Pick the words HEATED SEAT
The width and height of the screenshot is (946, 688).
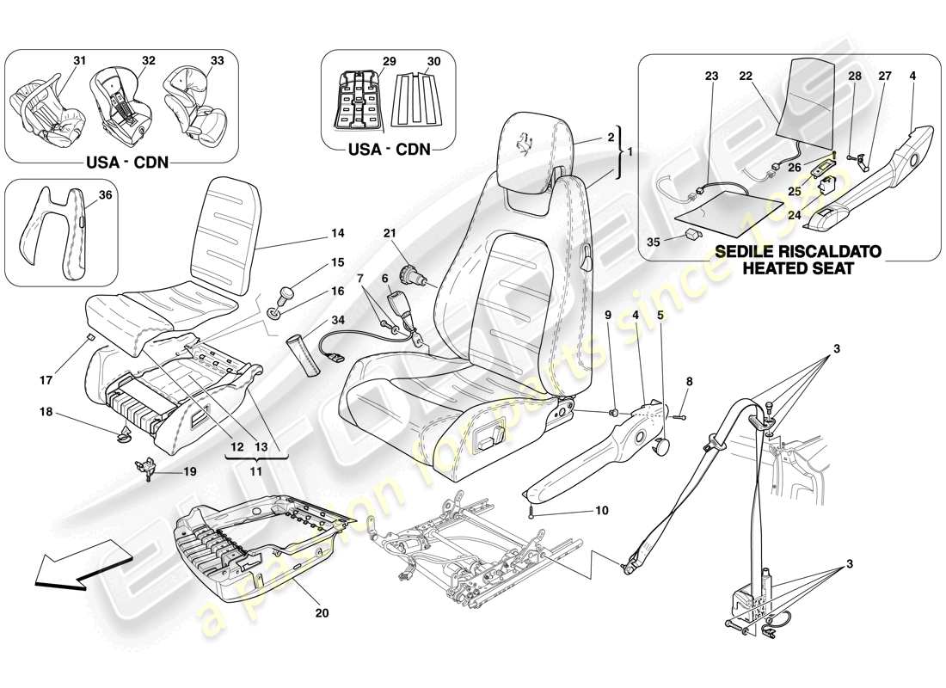(787, 268)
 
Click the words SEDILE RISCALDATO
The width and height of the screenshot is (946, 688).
(787, 252)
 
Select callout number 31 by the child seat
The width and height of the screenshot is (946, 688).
(80, 60)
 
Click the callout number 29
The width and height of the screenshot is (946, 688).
(389, 62)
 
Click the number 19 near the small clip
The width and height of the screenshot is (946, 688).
(189, 472)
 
